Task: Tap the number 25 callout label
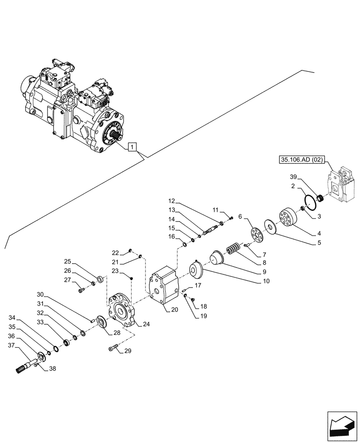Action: [67, 261]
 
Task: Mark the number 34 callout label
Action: [12, 318]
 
